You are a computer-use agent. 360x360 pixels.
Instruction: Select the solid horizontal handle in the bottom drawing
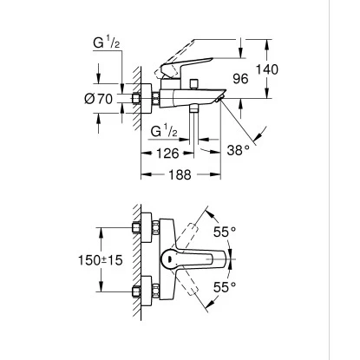click(200, 259)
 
